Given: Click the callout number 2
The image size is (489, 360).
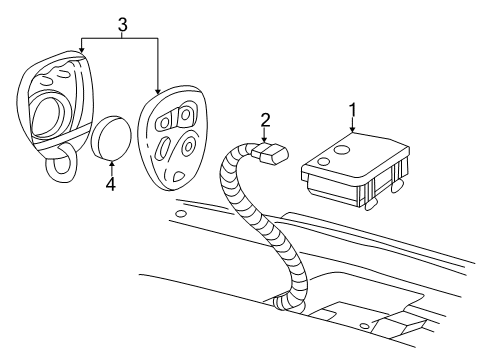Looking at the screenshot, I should click(x=265, y=121).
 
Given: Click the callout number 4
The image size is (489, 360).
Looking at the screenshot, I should click(x=111, y=184).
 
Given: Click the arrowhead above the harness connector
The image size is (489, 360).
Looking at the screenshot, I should click(x=265, y=141).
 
